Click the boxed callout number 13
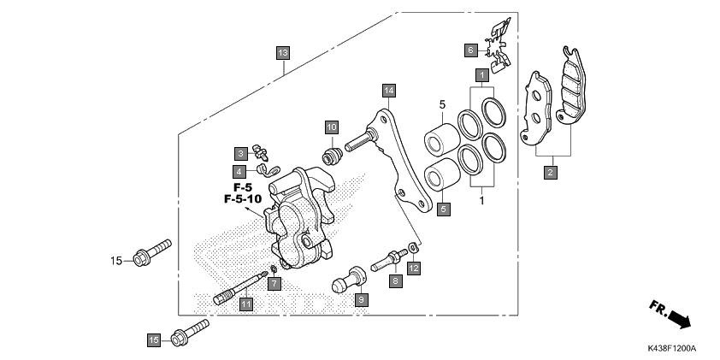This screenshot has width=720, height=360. [283, 52]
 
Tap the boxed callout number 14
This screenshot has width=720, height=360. [389, 90]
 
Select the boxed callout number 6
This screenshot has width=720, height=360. [470, 50]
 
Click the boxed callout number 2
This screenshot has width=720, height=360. [551, 172]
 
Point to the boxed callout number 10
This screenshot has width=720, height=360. [331, 127]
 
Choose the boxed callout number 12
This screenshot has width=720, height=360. [414, 269]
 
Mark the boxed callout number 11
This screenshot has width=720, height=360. [245, 304]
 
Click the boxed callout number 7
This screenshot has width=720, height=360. [274, 282]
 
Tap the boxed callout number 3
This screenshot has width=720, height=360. [242, 153]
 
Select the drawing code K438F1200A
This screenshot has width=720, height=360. [671, 349]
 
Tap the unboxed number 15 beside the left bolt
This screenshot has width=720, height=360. [116, 260]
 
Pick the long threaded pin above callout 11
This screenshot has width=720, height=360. [239, 286]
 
